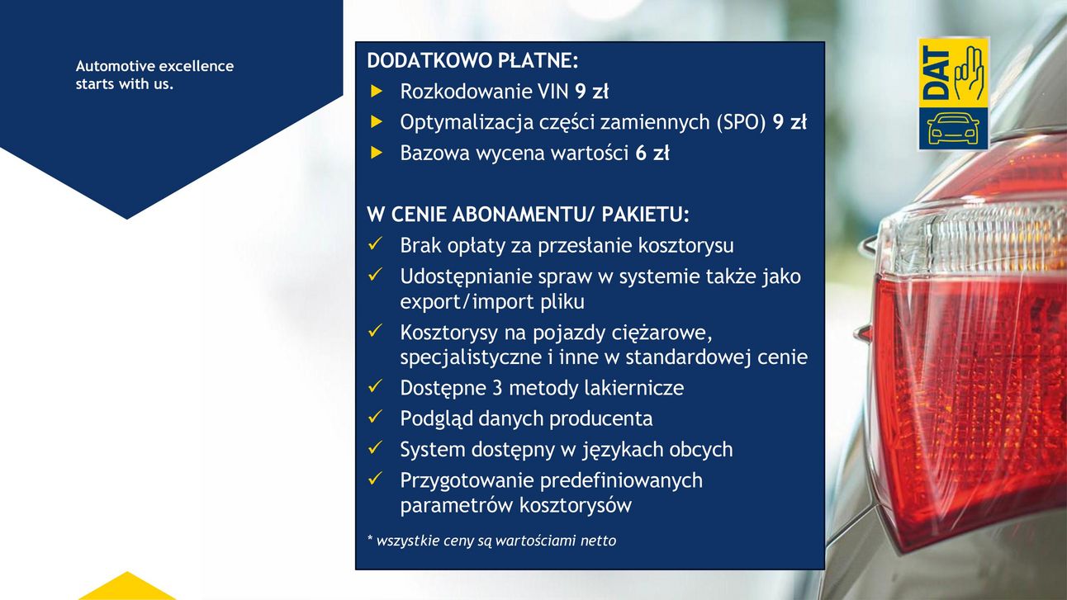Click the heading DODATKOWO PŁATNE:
pyautogui.click(x=472, y=60)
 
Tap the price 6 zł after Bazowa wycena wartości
pyautogui.click(x=652, y=153)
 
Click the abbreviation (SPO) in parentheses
pyautogui.click(x=741, y=122)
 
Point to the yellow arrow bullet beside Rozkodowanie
pyautogui.click(x=377, y=92)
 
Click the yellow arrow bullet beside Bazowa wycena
pyautogui.click(x=377, y=153)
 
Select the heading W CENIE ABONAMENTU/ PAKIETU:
pyautogui.click(x=528, y=215)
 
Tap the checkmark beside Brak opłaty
pyautogui.click(x=376, y=243)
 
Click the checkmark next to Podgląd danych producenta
pyautogui.click(x=376, y=417)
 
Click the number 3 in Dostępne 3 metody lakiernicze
pyautogui.click(x=497, y=388)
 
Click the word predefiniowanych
pyautogui.click(x=621, y=480)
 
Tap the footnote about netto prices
pyautogui.click(x=491, y=541)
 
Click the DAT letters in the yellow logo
pyautogui.click(x=935, y=73)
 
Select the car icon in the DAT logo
pyautogui.click(x=953, y=129)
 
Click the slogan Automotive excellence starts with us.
pyautogui.click(x=154, y=75)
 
